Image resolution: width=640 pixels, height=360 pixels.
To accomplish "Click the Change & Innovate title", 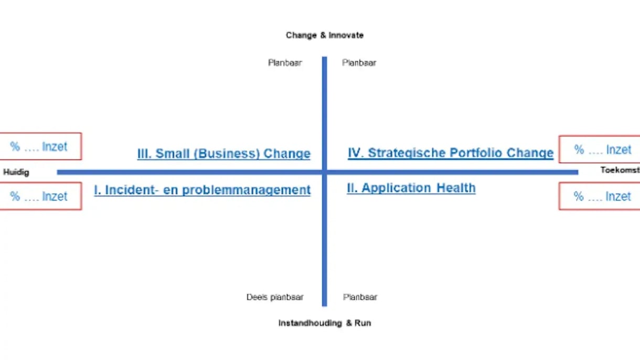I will pos(325,35).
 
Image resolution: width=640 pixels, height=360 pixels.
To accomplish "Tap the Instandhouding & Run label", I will pos(325,323).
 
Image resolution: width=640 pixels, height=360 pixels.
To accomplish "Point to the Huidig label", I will pos(16,172).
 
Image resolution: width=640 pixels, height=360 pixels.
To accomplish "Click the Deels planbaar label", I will pos(275,297).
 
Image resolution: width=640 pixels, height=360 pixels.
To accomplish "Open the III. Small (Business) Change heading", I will pos(224,154).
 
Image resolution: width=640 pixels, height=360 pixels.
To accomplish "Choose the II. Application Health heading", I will pos(411,188).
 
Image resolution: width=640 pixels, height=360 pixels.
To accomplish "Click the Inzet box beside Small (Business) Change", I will pos(40,146).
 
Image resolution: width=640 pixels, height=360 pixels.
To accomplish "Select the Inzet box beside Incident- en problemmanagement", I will pos(40,196).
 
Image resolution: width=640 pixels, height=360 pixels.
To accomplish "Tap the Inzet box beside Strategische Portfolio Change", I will pos(600,150).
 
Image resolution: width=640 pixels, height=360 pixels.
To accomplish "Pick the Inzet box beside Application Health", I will pos(600,196).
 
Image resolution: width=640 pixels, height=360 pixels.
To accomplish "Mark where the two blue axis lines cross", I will pos(325,172).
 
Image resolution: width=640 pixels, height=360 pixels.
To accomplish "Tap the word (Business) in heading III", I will pos(228,154).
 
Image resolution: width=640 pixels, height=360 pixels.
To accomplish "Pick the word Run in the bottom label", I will pos(362,323).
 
